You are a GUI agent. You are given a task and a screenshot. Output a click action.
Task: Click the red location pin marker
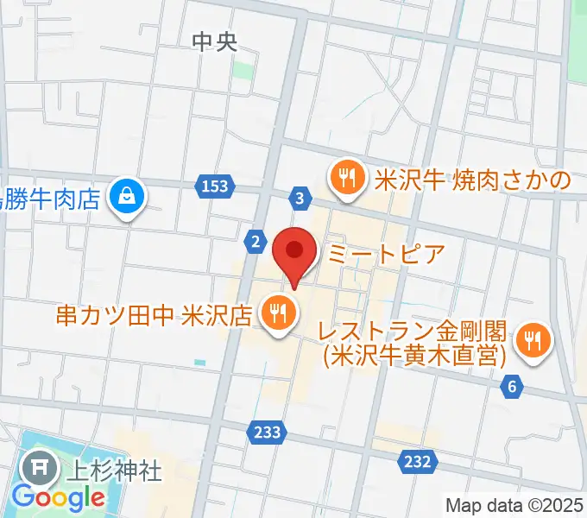tap(294, 252)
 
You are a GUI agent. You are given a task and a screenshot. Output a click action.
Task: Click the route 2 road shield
tap(256, 242)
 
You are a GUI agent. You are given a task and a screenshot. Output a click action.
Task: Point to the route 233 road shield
tap(268, 432)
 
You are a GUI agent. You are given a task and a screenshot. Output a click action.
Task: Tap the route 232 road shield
tap(416, 463)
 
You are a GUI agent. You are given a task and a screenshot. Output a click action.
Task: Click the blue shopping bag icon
tap(128, 198)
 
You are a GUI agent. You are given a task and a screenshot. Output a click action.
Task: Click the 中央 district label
tap(213, 41)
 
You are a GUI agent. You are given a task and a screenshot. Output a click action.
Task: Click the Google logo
tap(58, 498)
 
